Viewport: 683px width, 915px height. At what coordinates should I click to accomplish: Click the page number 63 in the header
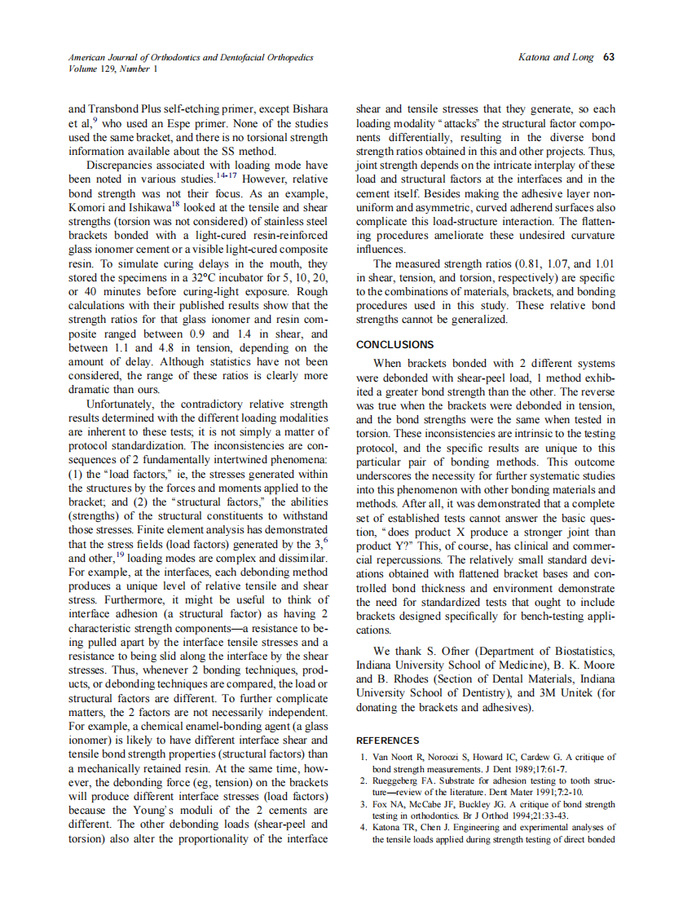(610, 58)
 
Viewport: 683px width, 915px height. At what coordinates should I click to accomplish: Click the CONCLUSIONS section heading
(395, 345)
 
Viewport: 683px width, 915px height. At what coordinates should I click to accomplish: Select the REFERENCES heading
(388, 740)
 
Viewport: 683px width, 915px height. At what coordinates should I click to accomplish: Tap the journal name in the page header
(191, 58)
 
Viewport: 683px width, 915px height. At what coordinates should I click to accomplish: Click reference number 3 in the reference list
(364, 804)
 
